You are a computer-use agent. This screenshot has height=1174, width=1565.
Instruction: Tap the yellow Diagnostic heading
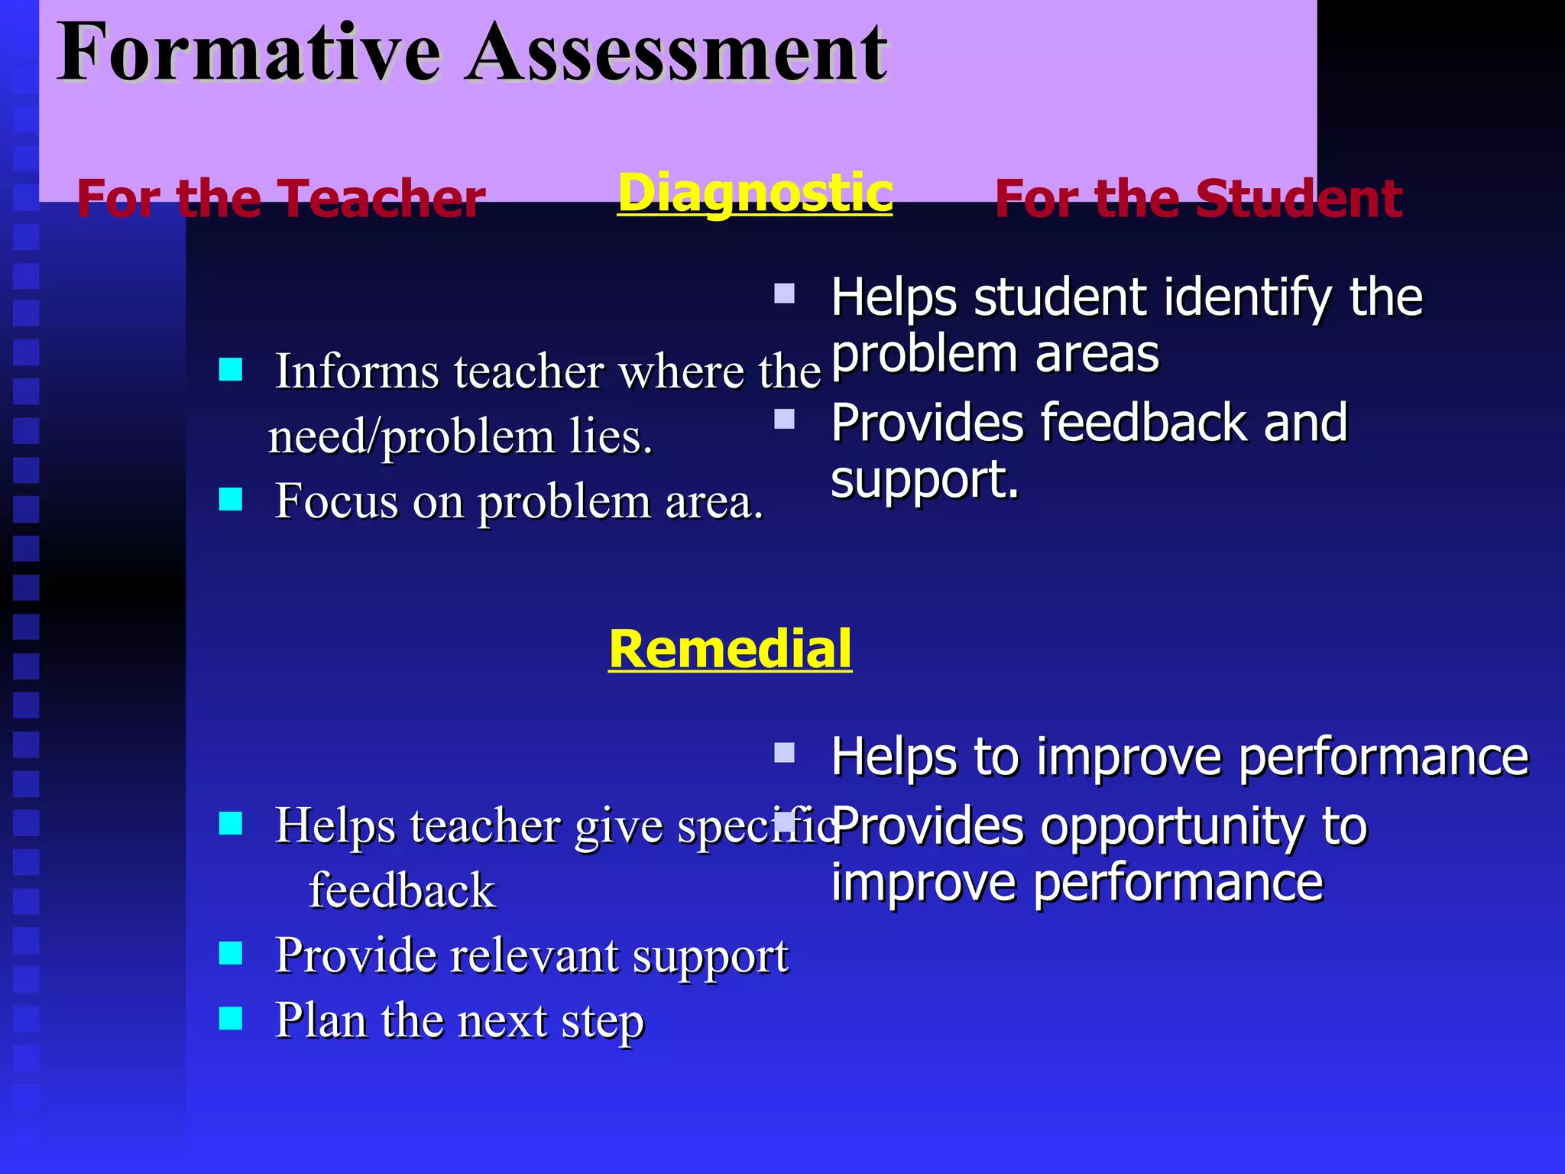click(755, 193)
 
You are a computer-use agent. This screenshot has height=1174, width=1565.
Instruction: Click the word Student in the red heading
click(1298, 199)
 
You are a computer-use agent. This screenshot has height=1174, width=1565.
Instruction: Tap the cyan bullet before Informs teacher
click(230, 370)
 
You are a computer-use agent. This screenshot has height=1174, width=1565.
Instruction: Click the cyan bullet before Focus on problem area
click(230, 500)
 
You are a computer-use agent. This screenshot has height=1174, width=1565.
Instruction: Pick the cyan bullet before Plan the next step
click(230, 1018)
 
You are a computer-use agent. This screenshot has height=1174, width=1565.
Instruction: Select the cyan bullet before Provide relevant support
click(230, 953)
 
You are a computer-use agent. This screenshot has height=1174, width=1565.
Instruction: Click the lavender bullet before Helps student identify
click(784, 293)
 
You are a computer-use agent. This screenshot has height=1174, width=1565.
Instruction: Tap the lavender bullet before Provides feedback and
click(784, 419)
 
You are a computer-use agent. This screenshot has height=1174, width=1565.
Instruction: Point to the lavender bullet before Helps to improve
click(784, 753)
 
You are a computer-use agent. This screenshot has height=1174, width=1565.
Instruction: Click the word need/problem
click(411, 438)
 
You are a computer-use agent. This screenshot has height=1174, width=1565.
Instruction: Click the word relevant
click(533, 955)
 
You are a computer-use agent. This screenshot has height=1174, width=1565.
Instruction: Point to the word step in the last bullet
click(603, 1023)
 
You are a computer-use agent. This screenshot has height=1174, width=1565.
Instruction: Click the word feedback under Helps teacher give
click(402, 891)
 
